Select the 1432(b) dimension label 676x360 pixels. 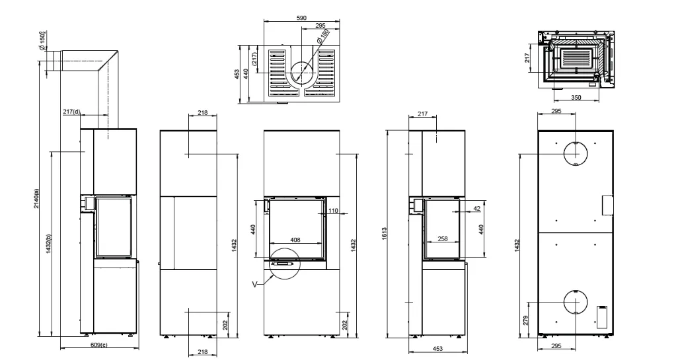(x=49, y=244)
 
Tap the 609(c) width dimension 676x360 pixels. (x=99, y=345)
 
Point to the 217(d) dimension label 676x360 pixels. (x=71, y=112)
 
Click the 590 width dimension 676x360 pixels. (x=302, y=18)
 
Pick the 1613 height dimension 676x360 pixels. (x=384, y=233)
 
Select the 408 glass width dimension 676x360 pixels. (x=295, y=240)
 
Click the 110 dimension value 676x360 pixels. (x=333, y=211)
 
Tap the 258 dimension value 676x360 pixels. (x=442, y=238)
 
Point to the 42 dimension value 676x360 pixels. (x=476, y=209)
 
